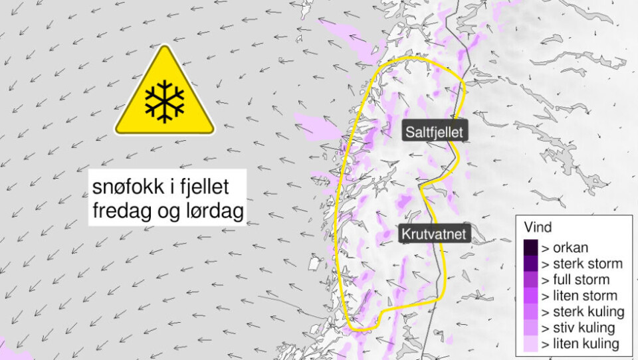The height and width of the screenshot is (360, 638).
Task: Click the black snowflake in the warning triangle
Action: (165, 102)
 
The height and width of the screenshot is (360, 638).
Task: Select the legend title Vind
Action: (537, 226)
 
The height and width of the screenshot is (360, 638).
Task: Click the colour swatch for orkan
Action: (530, 248)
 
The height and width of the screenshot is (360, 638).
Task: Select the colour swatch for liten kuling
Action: (530, 343)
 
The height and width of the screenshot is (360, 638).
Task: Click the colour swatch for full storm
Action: (530, 280)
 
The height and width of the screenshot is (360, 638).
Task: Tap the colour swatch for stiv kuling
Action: (530, 327)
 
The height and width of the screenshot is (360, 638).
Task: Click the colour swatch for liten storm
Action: (530, 296)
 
